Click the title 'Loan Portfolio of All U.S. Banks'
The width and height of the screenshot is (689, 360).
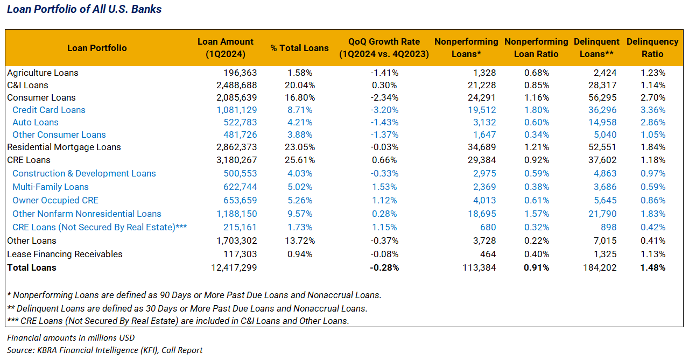point(84,9)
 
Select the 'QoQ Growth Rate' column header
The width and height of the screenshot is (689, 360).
point(384,47)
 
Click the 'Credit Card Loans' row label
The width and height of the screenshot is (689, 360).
point(49,110)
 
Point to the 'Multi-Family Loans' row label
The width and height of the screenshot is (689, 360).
point(51,187)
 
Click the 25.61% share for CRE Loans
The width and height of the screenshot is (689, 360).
point(301,160)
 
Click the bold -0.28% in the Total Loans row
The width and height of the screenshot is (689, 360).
point(385,267)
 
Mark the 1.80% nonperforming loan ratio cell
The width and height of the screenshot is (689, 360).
point(537,110)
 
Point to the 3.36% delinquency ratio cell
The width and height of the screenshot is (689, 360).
point(653,110)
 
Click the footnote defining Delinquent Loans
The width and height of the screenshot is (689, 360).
point(187,308)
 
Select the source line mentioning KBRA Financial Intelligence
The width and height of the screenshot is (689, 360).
point(105,350)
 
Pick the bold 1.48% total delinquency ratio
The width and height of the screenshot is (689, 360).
point(653,267)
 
